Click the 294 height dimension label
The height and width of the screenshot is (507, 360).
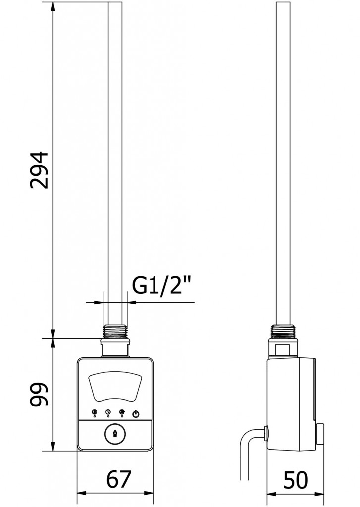point(39,169)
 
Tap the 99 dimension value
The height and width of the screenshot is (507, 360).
point(39,394)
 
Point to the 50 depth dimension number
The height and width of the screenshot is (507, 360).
point(295,479)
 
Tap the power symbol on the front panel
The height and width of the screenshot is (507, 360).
point(136,414)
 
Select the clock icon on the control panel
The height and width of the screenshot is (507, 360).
point(108,412)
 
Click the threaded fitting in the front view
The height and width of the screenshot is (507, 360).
point(115,331)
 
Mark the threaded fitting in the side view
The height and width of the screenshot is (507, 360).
point(285,331)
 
